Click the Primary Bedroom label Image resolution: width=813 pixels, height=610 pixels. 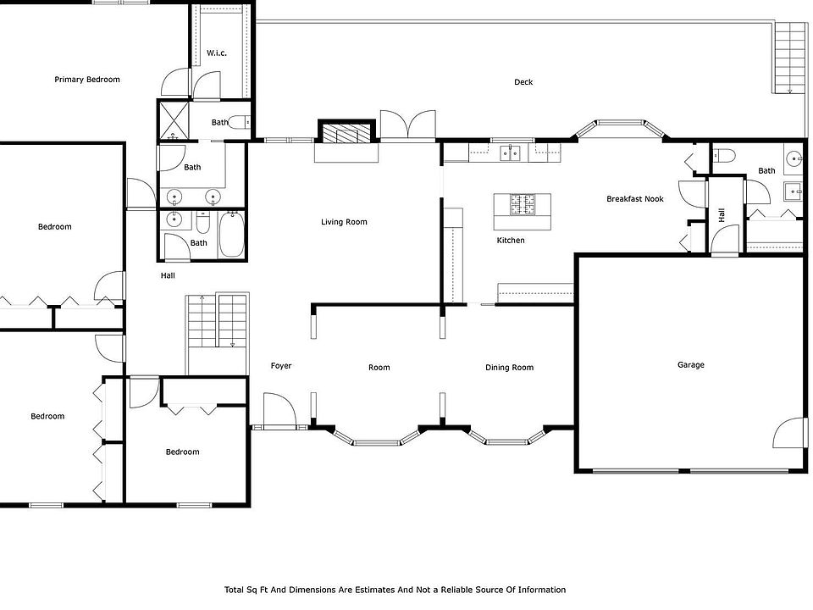click(87, 80)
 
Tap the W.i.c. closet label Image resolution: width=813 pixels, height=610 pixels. click(217, 53)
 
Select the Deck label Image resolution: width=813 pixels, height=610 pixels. click(523, 82)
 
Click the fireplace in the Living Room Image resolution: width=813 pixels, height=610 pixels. click(346, 132)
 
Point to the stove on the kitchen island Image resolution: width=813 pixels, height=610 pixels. click(523, 204)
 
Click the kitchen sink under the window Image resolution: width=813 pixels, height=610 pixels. click(510, 153)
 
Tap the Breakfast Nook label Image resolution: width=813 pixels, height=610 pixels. click(634, 198)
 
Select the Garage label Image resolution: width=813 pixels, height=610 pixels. click(691, 364)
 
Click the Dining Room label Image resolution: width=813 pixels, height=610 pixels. click(509, 367)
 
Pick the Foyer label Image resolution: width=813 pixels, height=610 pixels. click(281, 366)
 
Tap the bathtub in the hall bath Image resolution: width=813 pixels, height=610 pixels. click(231, 235)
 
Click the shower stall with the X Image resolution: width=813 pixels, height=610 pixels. click(174, 120)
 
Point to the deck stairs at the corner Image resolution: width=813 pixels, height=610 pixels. click(789, 58)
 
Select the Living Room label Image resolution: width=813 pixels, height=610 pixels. click(344, 222)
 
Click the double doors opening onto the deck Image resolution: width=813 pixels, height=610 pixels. click(408, 125)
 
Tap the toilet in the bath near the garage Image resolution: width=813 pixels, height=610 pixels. click(724, 154)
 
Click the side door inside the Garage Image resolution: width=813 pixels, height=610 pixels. click(790, 433)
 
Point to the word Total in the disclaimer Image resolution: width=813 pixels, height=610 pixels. click(234, 590)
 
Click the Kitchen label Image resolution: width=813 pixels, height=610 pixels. click(511, 240)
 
